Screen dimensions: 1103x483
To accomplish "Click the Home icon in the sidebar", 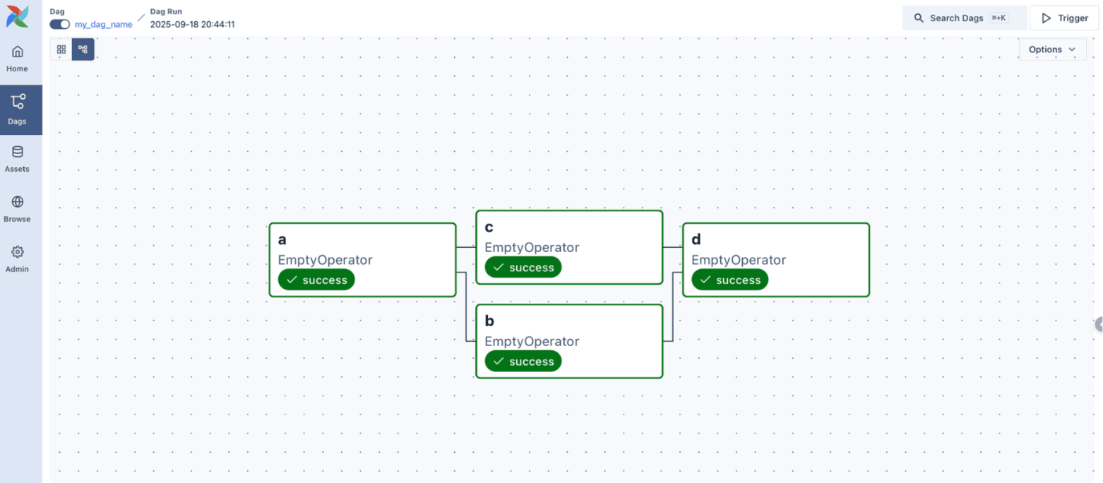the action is click(17, 52).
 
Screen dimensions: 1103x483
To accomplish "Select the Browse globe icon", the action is click(17, 202).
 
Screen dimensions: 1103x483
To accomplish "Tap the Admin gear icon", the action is click(17, 252).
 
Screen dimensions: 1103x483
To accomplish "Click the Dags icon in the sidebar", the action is click(18, 102).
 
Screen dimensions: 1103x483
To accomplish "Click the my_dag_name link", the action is click(103, 24).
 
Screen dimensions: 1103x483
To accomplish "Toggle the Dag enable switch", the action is click(59, 24).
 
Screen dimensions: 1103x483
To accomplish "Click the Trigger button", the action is click(1065, 18).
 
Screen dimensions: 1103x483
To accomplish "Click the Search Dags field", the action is click(964, 18).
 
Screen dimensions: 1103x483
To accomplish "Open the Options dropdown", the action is click(1052, 49).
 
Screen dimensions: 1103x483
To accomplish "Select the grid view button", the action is click(61, 49).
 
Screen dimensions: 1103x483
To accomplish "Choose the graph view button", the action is click(83, 49).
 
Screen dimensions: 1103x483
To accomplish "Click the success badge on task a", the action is click(316, 280).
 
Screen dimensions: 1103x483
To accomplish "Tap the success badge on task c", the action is click(523, 268).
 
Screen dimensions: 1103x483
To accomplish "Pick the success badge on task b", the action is click(523, 362).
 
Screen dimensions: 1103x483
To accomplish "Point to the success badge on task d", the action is click(729, 280).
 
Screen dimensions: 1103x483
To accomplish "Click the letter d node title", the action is click(696, 239).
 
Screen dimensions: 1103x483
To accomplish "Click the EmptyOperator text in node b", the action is click(532, 341).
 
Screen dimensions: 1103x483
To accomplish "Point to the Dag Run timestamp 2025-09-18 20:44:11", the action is click(193, 24).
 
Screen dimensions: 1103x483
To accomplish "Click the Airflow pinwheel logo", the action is click(18, 17).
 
